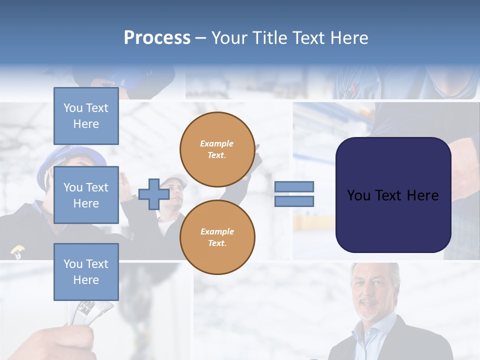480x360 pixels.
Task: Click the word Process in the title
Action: pyautogui.click(x=157, y=38)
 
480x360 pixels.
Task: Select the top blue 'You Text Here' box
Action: pyautogui.click(x=86, y=116)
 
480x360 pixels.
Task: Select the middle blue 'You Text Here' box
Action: pyautogui.click(x=86, y=195)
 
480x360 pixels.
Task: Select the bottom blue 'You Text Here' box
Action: pyautogui.click(x=86, y=271)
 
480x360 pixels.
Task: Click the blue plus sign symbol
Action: pyautogui.click(x=153, y=194)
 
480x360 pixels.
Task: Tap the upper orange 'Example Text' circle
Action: pyautogui.click(x=217, y=149)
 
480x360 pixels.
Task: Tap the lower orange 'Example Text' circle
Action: pyautogui.click(x=217, y=237)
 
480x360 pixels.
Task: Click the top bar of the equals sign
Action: pyautogui.click(x=294, y=187)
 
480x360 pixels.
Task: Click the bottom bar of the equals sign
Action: pyautogui.click(x=294, y=201)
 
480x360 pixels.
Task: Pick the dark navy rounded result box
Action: pyautogui.click(x=393, y=195)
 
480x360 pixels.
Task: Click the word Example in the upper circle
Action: pyautogui.click(x=217, y=143)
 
